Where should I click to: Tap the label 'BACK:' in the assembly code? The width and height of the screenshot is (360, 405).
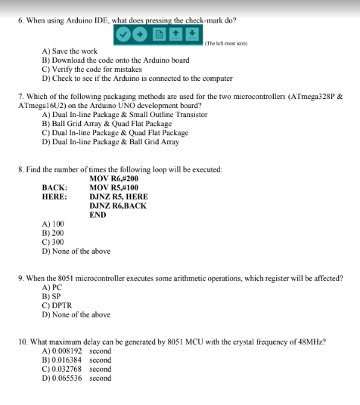[x=54, y=187]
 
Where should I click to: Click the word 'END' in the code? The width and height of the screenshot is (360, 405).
[x=98, y=215]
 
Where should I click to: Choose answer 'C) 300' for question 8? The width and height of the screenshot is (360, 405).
[x=53, y=243]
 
